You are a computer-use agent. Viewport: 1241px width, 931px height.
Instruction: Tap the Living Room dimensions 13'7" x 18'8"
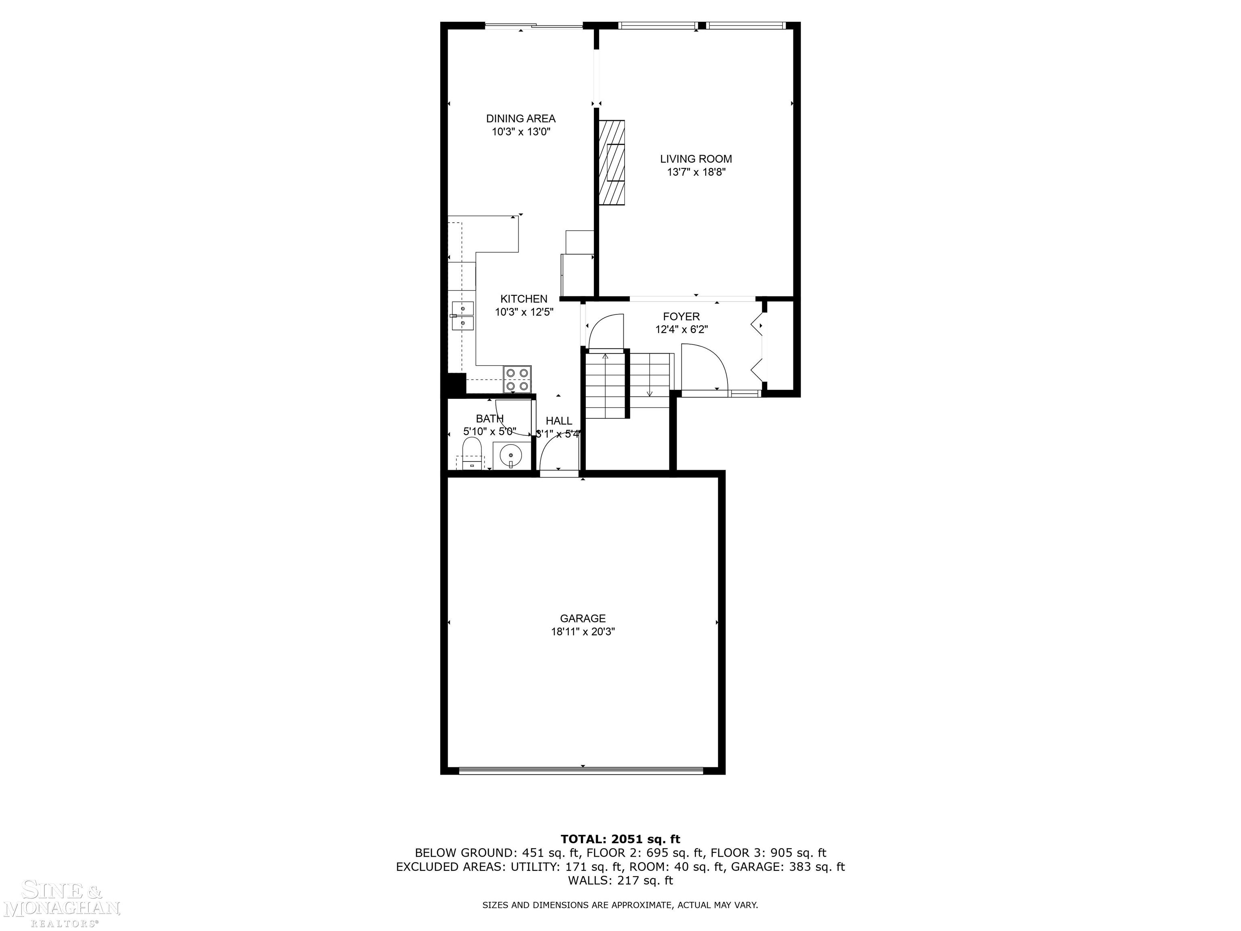point(696,172)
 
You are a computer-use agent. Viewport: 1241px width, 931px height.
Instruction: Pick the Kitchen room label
point(524,299)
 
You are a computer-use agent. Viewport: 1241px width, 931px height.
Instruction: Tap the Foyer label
point(681,316)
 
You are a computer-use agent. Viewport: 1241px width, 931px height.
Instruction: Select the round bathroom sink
point(511,455)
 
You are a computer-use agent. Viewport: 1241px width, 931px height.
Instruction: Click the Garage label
point(583,618)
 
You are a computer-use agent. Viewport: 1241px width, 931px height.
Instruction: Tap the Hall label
point(559,421)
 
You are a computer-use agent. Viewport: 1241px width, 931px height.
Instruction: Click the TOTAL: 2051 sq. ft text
point(620,839)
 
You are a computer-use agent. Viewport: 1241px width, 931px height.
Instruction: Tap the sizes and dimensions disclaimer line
point(620,905)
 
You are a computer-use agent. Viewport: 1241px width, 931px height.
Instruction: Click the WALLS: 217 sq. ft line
point(620,880)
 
